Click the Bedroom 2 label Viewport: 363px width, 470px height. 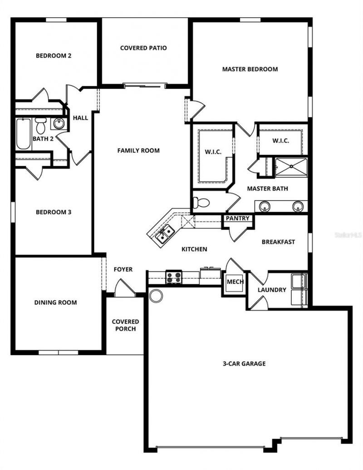(x=54, y=56)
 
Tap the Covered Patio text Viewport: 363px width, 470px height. (x=143, y=48)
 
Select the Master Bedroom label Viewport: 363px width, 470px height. (x=250, y=69)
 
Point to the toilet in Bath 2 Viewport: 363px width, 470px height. (x=41, y=125)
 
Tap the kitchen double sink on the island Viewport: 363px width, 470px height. (x=164, y=235)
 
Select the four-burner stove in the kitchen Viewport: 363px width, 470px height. (x=173, y=277)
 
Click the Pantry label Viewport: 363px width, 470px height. (x=238, y=219)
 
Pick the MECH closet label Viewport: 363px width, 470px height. (x=235, y=282)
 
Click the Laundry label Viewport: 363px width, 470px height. (x=272, y=290)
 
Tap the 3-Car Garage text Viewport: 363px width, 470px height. (x=244, y=363)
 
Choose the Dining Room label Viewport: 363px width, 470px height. (x=55, y=303)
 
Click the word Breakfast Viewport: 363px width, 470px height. (x=278, y=242)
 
